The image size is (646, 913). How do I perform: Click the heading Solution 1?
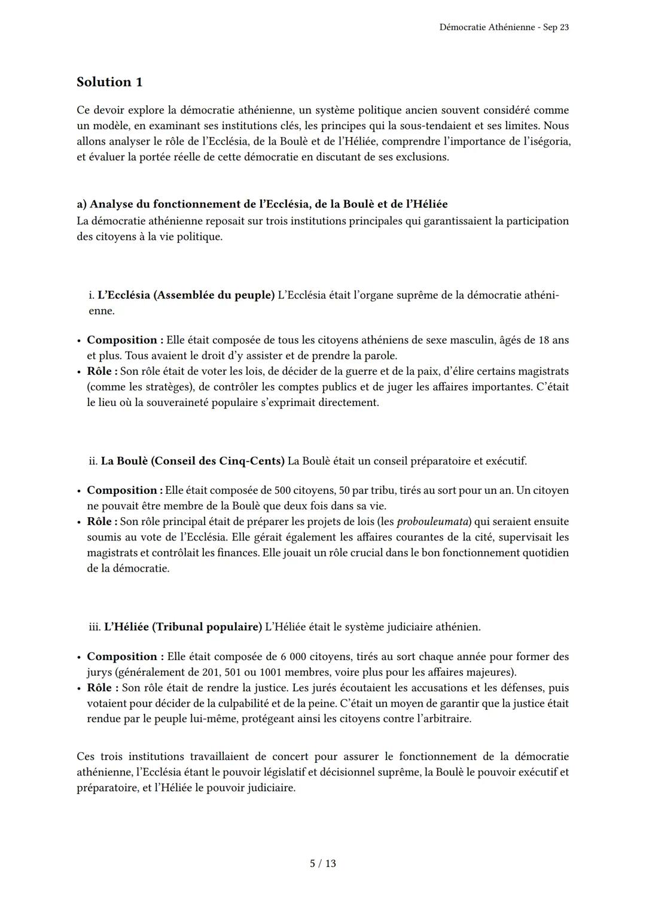coord(109,82)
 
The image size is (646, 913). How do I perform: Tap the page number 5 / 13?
coord(323,863)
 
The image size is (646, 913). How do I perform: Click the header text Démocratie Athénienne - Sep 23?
coord(504,28)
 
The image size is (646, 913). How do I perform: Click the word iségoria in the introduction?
coord(547,142)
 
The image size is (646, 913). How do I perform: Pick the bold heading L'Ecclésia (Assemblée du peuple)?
coord(185,295)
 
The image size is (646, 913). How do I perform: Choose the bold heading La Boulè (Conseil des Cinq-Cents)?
coord(193,461)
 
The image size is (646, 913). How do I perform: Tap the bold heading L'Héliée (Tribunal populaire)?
coord(183,627)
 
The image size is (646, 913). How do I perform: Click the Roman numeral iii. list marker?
coord(95,627)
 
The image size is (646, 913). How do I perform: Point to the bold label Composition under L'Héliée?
coord(125,656)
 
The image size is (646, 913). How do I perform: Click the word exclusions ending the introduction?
coord(421,157)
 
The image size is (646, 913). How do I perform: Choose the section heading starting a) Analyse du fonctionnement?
coord(262,204)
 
